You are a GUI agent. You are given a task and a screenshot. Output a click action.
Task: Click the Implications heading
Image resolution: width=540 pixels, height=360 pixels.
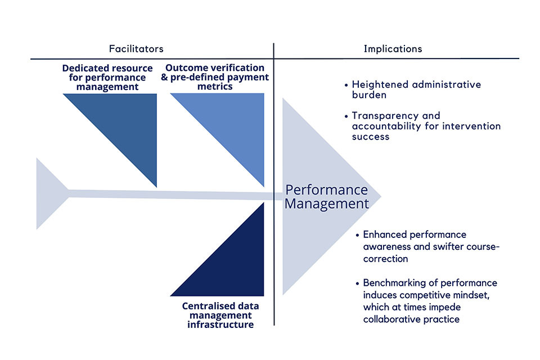(393, 49)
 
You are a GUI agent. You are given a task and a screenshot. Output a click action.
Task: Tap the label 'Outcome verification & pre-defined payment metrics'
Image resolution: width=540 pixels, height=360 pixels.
(215, 78)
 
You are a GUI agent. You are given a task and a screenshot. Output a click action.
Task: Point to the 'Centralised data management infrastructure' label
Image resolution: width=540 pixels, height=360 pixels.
(217, 316)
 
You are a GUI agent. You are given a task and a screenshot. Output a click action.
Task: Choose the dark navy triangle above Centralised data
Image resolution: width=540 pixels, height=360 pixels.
(236, 264)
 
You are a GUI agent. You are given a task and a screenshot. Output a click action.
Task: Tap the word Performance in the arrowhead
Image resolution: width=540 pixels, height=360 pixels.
(326, 190)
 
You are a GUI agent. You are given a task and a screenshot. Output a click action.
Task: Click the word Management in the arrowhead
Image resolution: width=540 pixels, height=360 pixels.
(326, 203)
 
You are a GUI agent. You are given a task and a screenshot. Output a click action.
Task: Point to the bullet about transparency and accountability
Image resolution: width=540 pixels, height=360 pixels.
(426, 126)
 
